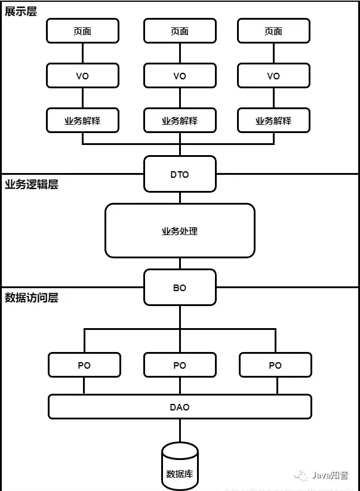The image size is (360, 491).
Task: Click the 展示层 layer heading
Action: (x=21, y=11)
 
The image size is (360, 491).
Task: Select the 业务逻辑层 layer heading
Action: (x=32, y=184)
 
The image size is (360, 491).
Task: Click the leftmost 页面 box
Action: (x=82, y=31)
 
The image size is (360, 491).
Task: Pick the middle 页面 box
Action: (x=180, y=31)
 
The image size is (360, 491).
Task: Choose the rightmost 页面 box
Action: (x=273, y=31)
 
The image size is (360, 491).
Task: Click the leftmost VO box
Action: (x=82, y=76)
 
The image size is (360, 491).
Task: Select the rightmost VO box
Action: (x=273, y=76)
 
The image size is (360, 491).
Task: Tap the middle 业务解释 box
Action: (x=180, y=121)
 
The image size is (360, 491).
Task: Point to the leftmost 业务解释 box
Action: (x=82, y=121)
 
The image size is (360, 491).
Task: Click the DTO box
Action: (x=180, y=174)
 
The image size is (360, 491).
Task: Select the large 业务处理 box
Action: (x=180, y=231)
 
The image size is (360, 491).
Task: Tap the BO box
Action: (x=180, y=288)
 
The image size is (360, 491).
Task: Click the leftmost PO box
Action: (x=84, y=365)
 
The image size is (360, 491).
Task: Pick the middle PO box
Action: (x=180, y=365)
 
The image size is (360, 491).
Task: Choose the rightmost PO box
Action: (x=275, y=365)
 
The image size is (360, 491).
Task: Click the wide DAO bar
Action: (x=180, y=407)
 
